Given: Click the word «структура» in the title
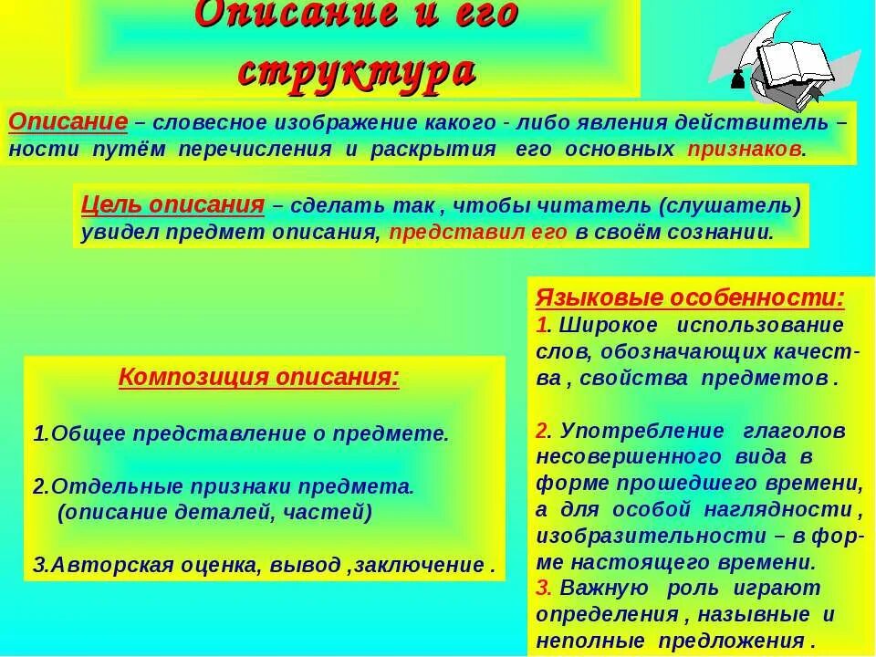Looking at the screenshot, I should click(x=356, y=71).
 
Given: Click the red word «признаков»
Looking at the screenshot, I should click(x=745, y=150).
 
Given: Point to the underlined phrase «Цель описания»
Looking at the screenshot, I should click(x=172, y=204).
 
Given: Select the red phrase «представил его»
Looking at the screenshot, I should click(x=478, y=232).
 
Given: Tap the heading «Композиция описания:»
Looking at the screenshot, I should click(x=259, y=378).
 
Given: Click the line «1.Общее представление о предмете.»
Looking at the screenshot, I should click(x=241, y=433).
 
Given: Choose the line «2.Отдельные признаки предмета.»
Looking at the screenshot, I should click(x=224, y=486).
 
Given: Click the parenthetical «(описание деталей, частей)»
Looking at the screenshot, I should click(x=214, y=512).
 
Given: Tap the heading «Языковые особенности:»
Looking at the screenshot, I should click(x=690, y=297).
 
